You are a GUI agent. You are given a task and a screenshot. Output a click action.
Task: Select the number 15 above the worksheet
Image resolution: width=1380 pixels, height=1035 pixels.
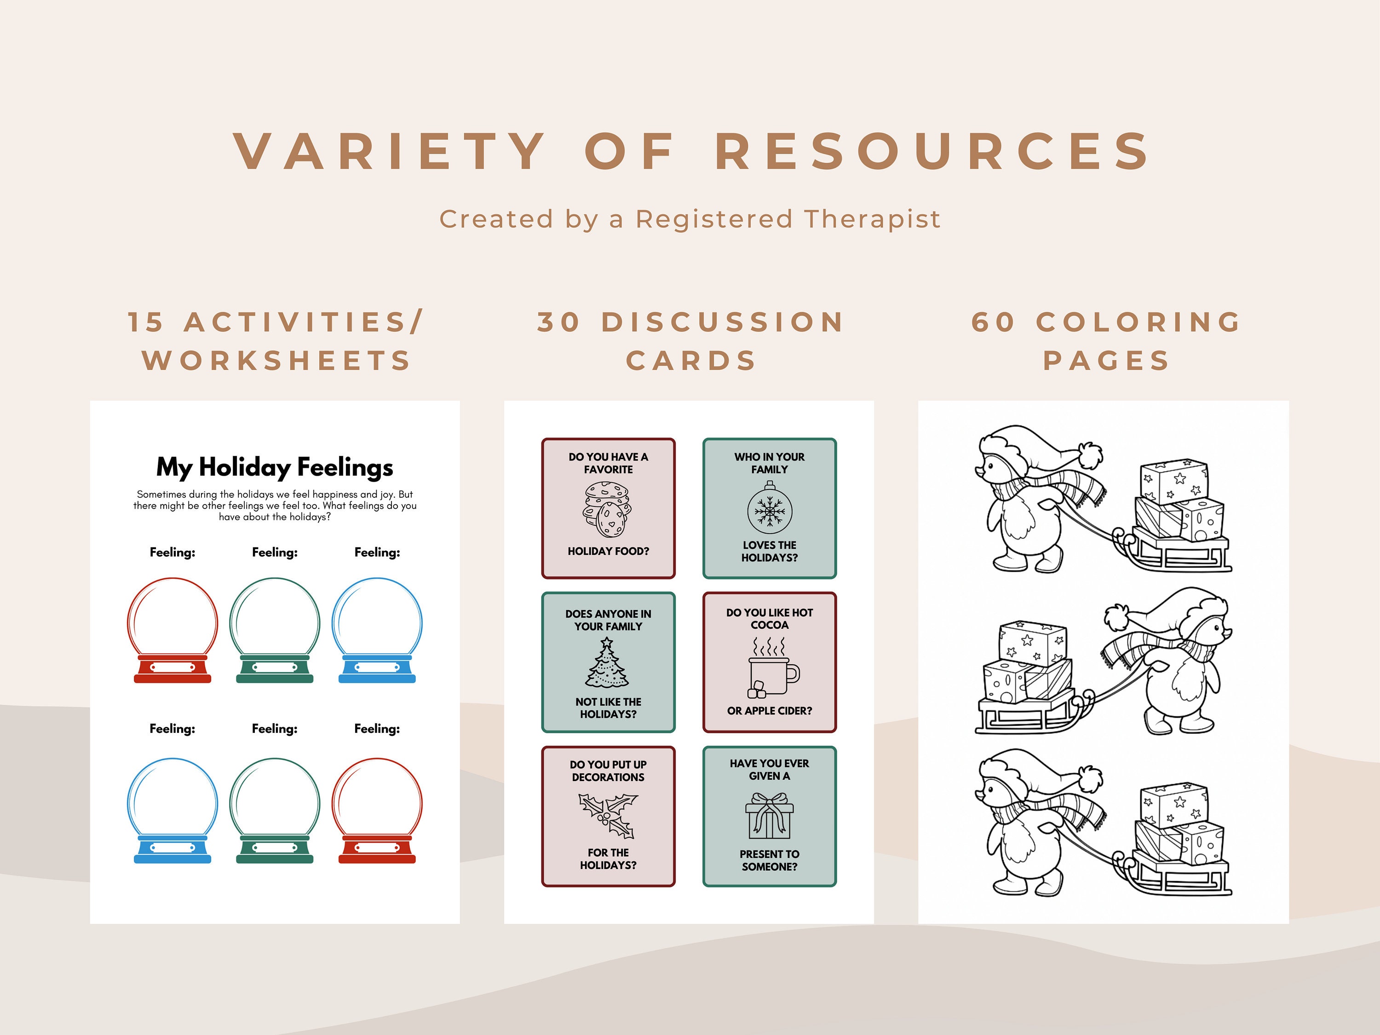pyautogui.click(x=146, y=322)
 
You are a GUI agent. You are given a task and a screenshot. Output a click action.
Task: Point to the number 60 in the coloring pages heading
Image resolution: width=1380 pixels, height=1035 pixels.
pyautogui.click(x=993, y=322)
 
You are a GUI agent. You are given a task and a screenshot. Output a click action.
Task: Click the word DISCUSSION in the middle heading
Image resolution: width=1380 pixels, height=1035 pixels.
pyautogui.click(x=723, y=322)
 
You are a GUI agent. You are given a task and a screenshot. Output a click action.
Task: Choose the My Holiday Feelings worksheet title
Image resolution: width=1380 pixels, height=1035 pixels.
pyautogui.click(x=275, y=467)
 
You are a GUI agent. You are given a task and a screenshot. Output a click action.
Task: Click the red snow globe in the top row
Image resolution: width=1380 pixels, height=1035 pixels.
pyautogui.click(x=172, y=630)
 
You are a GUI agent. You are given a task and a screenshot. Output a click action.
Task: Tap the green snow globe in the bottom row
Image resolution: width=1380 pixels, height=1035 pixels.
pyautogui.click(x=275, y=811)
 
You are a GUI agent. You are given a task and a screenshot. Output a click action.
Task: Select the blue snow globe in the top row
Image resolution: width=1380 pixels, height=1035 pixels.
pyautogui.click(x=377, y=630)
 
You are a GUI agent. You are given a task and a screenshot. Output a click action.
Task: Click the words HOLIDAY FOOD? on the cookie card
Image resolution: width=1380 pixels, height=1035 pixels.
pyautogui.click(x=608, y=551)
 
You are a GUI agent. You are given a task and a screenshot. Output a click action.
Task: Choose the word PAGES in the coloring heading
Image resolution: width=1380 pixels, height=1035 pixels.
pyautogui.click(x=1106, y=361)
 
